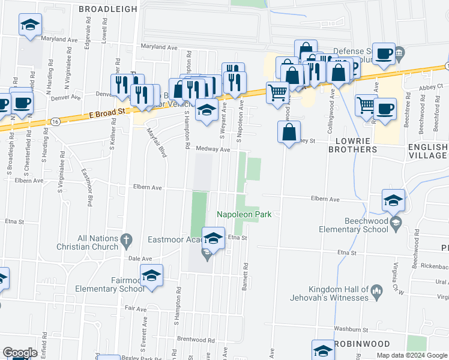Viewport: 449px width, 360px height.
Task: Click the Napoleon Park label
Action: point(245,214)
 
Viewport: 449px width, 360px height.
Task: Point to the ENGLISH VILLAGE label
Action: point(427,151)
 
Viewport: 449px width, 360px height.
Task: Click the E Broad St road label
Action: point(108,112)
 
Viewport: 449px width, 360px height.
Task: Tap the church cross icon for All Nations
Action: point(125,241)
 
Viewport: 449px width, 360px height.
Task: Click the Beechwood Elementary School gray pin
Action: point(396,224)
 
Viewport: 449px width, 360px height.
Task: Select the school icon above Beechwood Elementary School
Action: point(393,200)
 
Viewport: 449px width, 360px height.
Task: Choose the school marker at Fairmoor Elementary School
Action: point(152,275)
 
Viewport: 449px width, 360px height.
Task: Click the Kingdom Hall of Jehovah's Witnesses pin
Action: point(376,292)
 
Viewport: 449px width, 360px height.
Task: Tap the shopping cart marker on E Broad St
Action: point(276,93)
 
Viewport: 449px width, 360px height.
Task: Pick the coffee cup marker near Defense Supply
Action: point(384,54)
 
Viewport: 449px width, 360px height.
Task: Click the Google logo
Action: point(20,353)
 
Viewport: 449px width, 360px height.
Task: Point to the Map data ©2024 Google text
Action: point(412,355)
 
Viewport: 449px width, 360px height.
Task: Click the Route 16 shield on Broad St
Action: point(55,121)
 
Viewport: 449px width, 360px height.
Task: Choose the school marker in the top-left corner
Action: point(30,25)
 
